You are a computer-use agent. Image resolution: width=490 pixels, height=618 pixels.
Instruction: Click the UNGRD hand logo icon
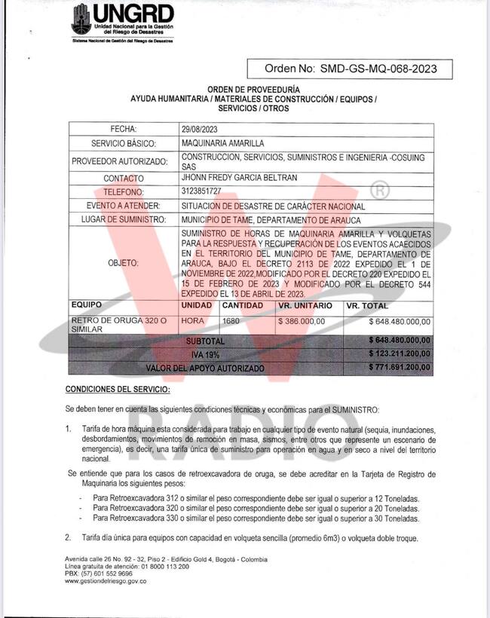coord(81,20)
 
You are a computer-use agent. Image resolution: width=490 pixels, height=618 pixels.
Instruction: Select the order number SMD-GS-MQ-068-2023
coord(385,69)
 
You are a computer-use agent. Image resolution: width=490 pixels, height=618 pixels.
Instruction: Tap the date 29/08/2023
coord(200,129)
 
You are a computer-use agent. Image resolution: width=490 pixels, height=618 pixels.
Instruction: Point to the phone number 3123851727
coord(201,191)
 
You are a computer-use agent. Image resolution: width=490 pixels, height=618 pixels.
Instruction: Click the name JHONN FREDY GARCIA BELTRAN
coord(240,178)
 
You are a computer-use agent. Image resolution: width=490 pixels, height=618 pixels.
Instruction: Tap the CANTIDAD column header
coord(242,306)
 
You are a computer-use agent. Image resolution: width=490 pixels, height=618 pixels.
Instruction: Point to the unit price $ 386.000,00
coord(302,321)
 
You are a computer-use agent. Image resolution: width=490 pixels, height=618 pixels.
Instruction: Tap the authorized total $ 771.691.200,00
coord(400,368)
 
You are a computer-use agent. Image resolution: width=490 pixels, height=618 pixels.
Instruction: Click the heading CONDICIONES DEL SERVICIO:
coord(118,389)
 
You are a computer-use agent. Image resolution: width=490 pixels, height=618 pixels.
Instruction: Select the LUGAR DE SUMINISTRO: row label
coord(123,219)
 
